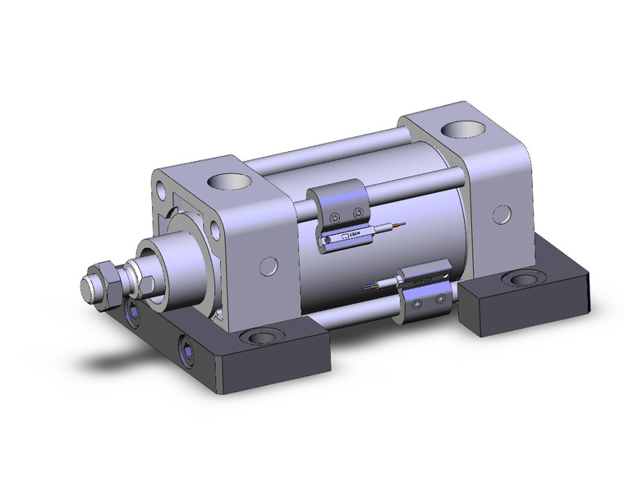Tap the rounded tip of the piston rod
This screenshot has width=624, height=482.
coord(87,289)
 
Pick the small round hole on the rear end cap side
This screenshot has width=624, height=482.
coord(499,214)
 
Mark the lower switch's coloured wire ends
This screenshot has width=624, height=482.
coord(372,287)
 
